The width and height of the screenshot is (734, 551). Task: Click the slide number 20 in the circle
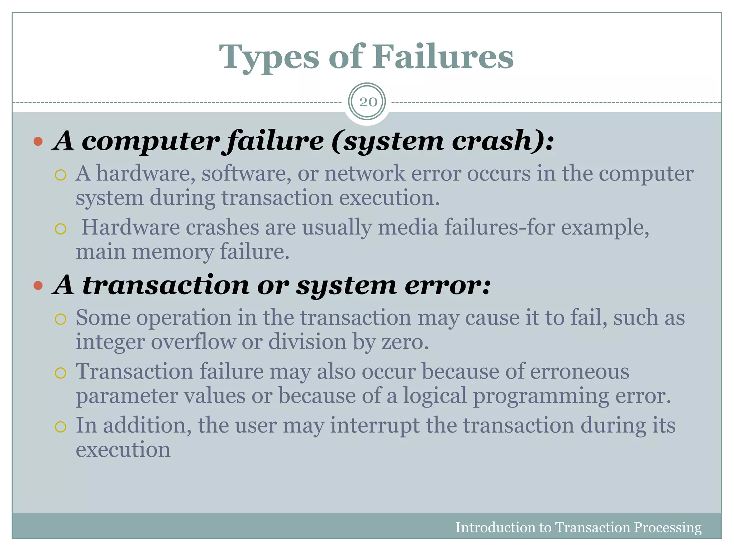(368, 102)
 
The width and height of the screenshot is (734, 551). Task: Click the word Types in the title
(269, 57)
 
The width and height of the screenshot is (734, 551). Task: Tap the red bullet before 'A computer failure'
(38, 141)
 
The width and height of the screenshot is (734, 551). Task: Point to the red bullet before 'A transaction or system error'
(38, 286)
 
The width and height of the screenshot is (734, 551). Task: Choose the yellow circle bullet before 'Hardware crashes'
(61, 229)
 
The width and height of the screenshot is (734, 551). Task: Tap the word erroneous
(579, 371)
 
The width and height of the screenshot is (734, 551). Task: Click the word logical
(435, 396)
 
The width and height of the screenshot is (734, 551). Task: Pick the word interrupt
(375, 425)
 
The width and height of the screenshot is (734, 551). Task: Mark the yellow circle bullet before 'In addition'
(61, 427)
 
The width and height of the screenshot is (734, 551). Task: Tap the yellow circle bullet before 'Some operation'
(61, 319)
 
